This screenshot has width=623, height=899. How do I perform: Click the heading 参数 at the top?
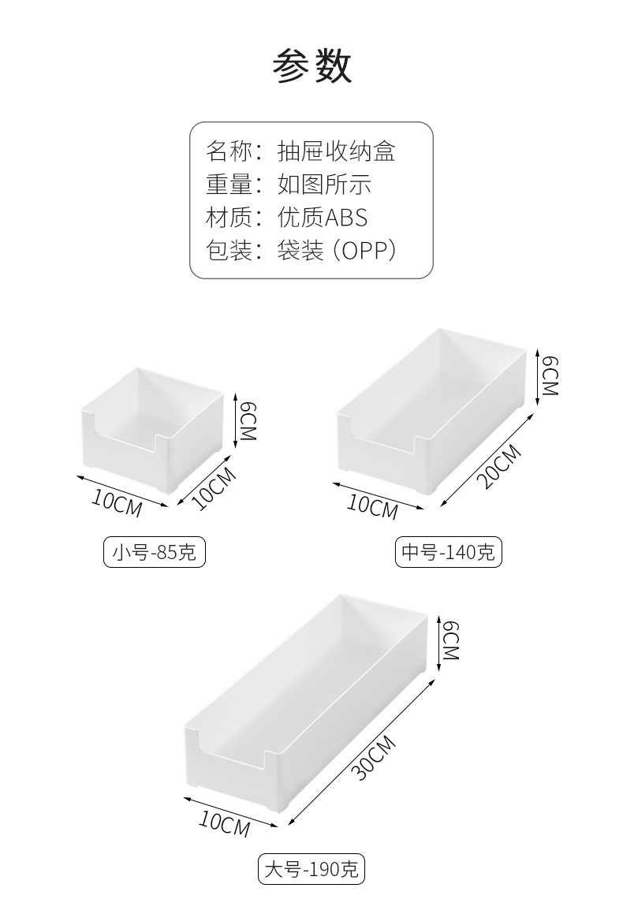[x=311, y=66]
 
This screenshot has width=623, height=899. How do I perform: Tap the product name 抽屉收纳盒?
[x=337, y=152]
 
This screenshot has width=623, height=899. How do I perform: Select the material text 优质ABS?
[x=323, y=218]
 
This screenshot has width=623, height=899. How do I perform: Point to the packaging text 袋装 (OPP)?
[x=337, y=251]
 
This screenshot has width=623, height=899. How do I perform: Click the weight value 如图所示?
[x=324, y=185]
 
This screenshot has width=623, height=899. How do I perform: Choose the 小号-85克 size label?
[x=155, y=552]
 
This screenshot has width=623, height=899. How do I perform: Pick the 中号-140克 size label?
[x=448, y=552]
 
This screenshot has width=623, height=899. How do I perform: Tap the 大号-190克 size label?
[x=311, y=868]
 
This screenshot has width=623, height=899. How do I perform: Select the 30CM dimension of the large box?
[x=375, y=758]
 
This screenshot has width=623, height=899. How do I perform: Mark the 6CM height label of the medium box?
[x=550, y=377]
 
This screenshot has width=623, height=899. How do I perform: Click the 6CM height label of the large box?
[x=451, y=640]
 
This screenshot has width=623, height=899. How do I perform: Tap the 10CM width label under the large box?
[x=225, y=824]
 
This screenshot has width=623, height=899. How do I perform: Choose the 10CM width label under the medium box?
[x=372, y=506]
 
